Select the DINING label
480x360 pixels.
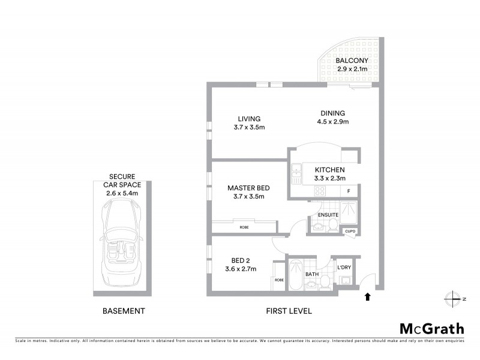(332, 113)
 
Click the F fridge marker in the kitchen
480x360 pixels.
(349, 191)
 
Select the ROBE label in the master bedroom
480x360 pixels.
(244, 227)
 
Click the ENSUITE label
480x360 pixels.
(328, 214)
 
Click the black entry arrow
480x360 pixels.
(367, 296)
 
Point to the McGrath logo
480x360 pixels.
(431, 328)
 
